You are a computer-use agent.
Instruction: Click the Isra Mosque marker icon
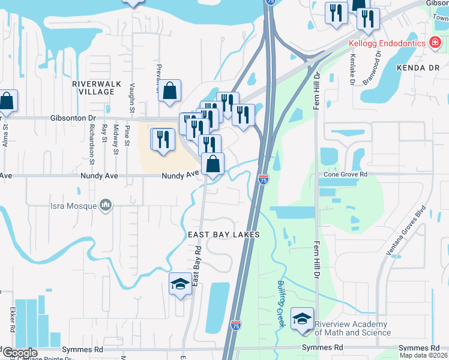pos(106,206)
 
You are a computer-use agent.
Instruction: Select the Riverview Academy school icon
pos(302,317)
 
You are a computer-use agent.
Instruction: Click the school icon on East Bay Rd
pos(180,284)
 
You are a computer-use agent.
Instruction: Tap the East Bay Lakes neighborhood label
pos(223,235)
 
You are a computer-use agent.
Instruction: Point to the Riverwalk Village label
pos(93,88)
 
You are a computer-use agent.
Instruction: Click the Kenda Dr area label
pos(418,68)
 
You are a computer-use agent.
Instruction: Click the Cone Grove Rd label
pos(345,174)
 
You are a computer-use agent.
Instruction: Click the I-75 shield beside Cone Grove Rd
pos(264,179)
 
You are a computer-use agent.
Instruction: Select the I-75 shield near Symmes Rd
pos(235,325)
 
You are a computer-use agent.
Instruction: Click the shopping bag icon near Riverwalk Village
pos(170,91)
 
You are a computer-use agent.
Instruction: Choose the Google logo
pos(20,353)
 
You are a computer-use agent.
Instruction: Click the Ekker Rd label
pos(11,320)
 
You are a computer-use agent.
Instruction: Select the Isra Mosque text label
pos(74,207)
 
